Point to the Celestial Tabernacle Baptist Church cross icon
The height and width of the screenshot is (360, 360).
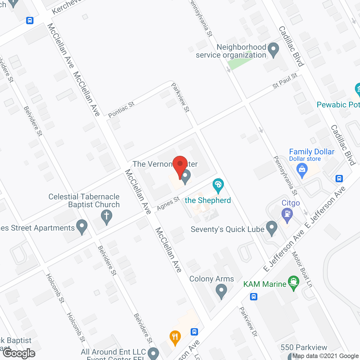point(107,217)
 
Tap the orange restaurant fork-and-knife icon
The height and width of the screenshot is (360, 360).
point(175,337)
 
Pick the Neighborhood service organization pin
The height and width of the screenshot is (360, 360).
point(273,49)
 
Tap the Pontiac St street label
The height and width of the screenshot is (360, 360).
point(121,110)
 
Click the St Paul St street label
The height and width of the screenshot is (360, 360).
point(285,81)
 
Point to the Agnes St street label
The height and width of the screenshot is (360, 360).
point(168,203)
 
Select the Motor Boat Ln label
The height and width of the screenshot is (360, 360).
point(302,269)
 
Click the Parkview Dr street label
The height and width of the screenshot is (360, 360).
point(248,322)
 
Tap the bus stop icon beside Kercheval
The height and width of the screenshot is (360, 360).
point(30,20)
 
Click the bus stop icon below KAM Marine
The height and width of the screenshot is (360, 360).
point(254,296)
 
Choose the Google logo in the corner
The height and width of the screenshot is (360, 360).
point(19,354)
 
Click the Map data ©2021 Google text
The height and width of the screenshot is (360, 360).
point(326,356)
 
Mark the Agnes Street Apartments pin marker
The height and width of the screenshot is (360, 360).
point(82,227)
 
